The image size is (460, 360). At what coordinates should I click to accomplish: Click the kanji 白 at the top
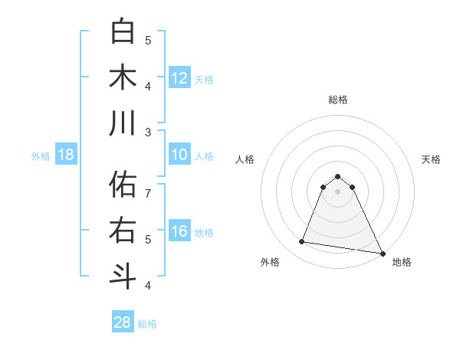click(123, 31)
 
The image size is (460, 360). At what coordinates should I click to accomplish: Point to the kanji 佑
click(123, 185)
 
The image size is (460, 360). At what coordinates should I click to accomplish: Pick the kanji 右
click(123, 231)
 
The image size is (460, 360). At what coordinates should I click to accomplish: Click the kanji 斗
click(123, 277)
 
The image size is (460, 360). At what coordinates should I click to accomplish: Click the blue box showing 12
click(179, 78)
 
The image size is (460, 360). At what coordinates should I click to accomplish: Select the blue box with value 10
click(179, 155)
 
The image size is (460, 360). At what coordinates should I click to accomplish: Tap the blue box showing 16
click(179, 231)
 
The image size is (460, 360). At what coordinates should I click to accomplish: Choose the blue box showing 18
click(65, 155)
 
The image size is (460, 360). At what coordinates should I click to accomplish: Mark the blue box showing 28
click(123, 322)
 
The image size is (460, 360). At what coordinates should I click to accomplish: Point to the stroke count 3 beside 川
click(148, 132)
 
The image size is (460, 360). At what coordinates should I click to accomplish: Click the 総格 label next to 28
click(147, 324)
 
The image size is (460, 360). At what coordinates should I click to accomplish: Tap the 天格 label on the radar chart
click(431, 159)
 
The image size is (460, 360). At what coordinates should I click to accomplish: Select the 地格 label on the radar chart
click(402, 262)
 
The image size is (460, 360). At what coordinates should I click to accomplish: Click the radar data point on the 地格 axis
click(381, 252)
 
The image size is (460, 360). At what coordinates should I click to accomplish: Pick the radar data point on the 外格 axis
click(302, 242)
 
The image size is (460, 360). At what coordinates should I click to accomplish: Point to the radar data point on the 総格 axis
click(337, 175)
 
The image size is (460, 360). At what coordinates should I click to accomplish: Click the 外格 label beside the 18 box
click(41, 156)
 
